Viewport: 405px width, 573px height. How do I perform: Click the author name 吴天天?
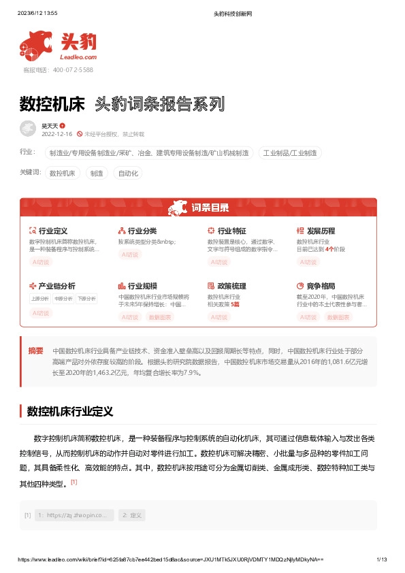click(50, 126)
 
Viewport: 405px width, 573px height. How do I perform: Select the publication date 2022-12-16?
click(57, 134)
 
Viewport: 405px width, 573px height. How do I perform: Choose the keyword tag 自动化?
click(128, 174)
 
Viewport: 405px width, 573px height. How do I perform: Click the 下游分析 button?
click(86, 298)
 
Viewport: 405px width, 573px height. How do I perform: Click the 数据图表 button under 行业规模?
click(160, 317)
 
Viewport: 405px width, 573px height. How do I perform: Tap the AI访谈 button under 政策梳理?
click(219, 317)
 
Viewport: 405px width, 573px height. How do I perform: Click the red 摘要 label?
click(35, 351)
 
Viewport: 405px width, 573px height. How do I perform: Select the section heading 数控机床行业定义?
click(69, 412)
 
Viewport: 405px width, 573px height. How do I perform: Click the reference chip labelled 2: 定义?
click(131, 515)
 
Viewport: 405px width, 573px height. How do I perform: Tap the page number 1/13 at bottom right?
click(381, 559)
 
